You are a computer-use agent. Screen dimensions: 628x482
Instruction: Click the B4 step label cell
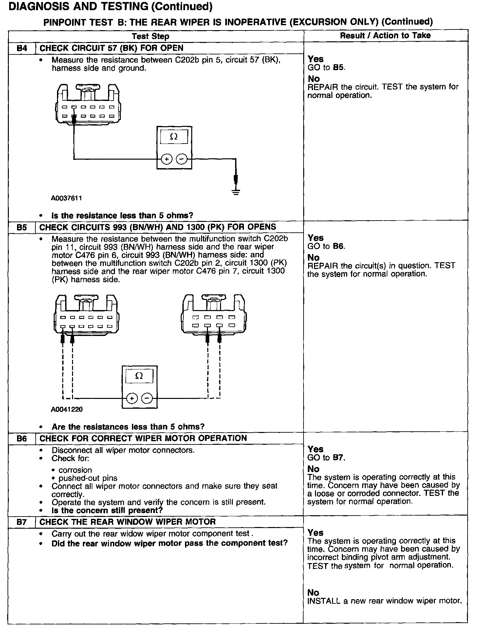(22, 48)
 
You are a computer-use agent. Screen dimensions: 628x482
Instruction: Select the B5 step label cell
(22, 227)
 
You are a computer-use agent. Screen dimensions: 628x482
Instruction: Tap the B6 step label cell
(22, 439)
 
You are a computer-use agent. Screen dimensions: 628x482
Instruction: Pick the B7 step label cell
(22, 522)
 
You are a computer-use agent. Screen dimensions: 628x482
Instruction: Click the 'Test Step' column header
(151, 36)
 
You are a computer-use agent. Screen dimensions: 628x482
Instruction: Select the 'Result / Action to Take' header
(385, 36)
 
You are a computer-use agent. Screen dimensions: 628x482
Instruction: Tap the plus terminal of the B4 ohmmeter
(167, 159)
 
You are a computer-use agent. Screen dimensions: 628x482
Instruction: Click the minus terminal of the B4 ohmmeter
(182, 159)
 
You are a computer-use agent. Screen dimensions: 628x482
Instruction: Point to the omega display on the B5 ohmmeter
(139, 376)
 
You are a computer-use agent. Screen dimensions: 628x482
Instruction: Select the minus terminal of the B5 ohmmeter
(147, 398)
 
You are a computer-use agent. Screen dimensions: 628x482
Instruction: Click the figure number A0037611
(66, 198)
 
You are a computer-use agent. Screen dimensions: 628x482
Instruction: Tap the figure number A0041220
(66, 409)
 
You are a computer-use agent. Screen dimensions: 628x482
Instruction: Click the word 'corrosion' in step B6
(75, 470)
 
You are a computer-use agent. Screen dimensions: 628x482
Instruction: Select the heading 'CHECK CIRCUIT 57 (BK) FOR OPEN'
(111, 48)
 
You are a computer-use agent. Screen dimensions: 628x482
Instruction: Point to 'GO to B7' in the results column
(326, 458)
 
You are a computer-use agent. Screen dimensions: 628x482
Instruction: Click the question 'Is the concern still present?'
(107, 510)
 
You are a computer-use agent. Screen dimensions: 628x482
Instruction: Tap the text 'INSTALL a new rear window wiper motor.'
(384, 601)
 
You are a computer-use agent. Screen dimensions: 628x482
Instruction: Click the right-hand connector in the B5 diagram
(213, 315)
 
